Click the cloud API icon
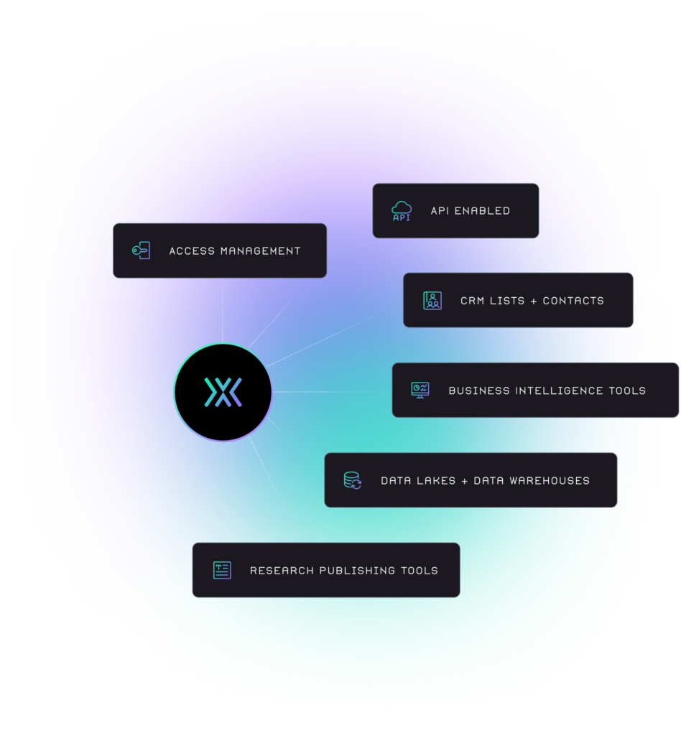coord(402,211)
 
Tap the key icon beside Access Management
coord(142,251)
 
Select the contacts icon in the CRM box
coord(432,301)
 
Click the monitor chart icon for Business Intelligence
coord(420,390)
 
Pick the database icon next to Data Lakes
coord(353,480)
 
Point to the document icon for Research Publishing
coord(222,571)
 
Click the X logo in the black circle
coord(223,392)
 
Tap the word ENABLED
coord(482,211)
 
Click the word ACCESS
coord(192,251)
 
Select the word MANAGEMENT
coord(261,251)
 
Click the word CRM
coord(472,301)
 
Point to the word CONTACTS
coord(573,301)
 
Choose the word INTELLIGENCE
coord(559,391)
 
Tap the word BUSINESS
coord(479,391)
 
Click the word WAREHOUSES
coord(550,481)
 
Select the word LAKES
coord(436,481)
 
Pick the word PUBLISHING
coord(358,571)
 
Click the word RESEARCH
coord(282,571)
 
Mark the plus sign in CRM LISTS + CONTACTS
coord(534,301)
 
